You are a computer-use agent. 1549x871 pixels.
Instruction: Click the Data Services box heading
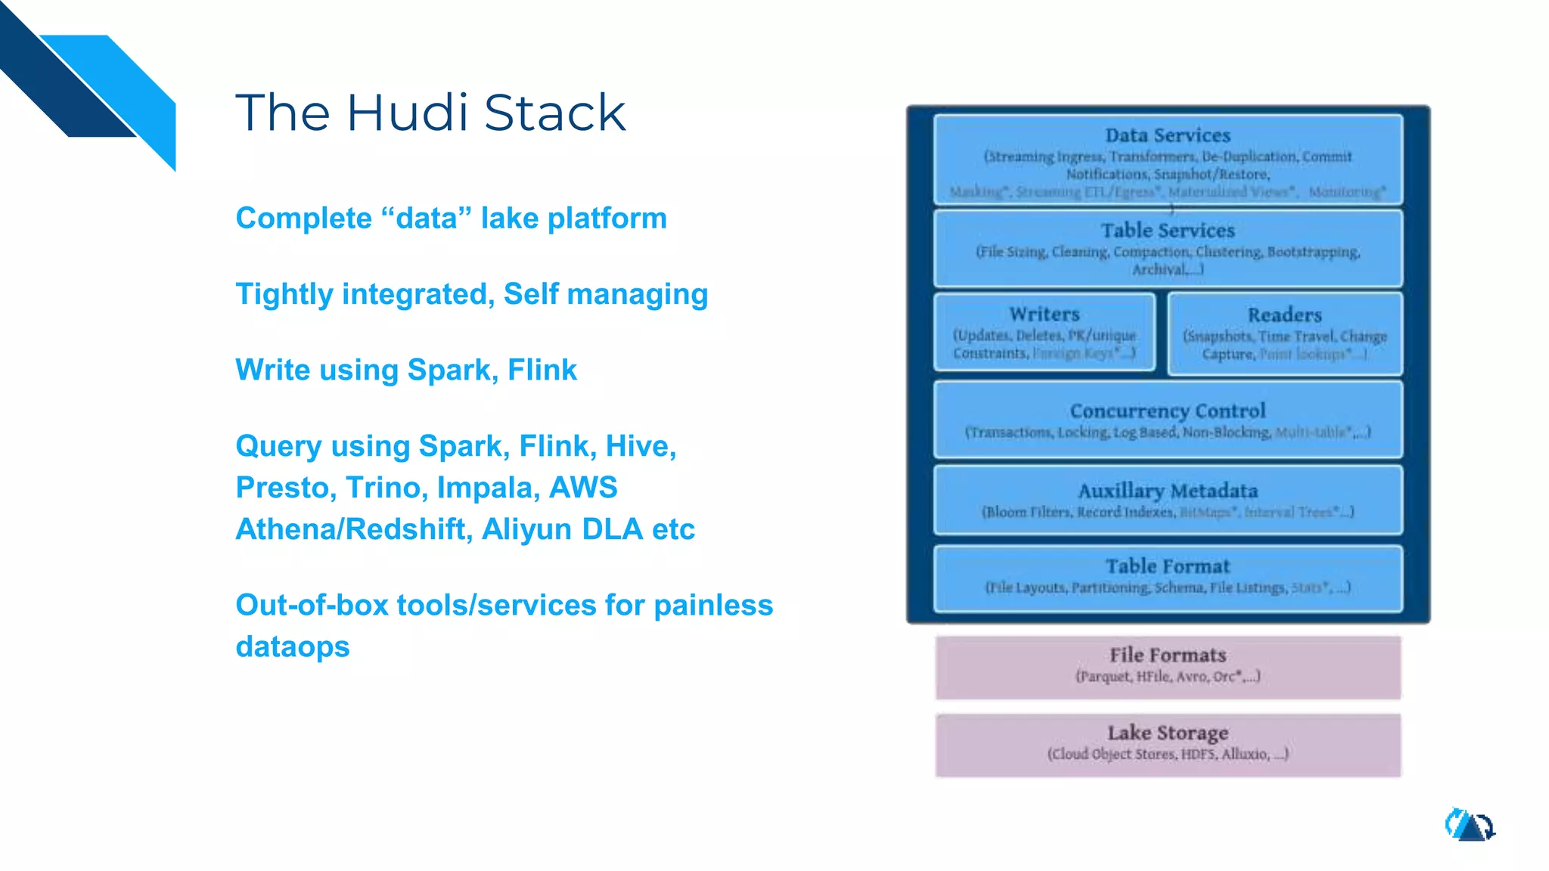point(1167,135)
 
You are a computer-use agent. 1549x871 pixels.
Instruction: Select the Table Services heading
point(1167,231)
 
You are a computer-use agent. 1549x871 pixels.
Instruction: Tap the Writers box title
point(1044,315)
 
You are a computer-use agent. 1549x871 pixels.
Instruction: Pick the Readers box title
point(1284,315)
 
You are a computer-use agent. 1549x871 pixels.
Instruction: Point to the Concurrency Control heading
point(1167,411)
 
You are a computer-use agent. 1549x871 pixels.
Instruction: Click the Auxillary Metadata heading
point(1167,491)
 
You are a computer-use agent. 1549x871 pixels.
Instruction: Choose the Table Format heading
point(1167,566)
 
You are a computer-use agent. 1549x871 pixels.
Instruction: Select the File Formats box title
point(1167,656)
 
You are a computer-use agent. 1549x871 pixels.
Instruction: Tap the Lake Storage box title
point(1167,733)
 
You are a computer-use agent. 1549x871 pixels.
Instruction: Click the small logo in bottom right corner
point(1470,826)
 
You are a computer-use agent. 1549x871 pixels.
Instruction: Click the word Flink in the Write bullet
point(542,370)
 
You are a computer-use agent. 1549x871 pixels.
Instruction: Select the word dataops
point(293,647)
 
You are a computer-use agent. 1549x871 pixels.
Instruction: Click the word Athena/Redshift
point(354,529)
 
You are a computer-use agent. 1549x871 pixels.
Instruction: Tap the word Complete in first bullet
point(303,219)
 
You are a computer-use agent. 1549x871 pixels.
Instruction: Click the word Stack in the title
point(554,113)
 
